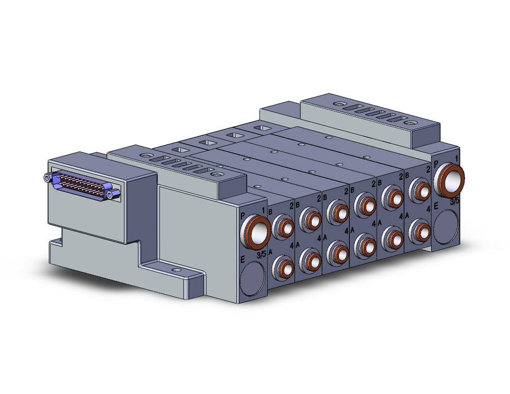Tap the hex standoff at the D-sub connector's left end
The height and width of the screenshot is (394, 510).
pos(47,177)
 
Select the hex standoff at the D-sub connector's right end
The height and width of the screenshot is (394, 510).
pos(116,195)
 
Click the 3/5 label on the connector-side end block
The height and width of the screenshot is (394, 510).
pos(261,255)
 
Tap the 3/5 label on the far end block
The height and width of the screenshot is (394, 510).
pos(455,202)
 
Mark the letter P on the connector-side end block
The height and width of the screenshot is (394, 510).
pos(242,215)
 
